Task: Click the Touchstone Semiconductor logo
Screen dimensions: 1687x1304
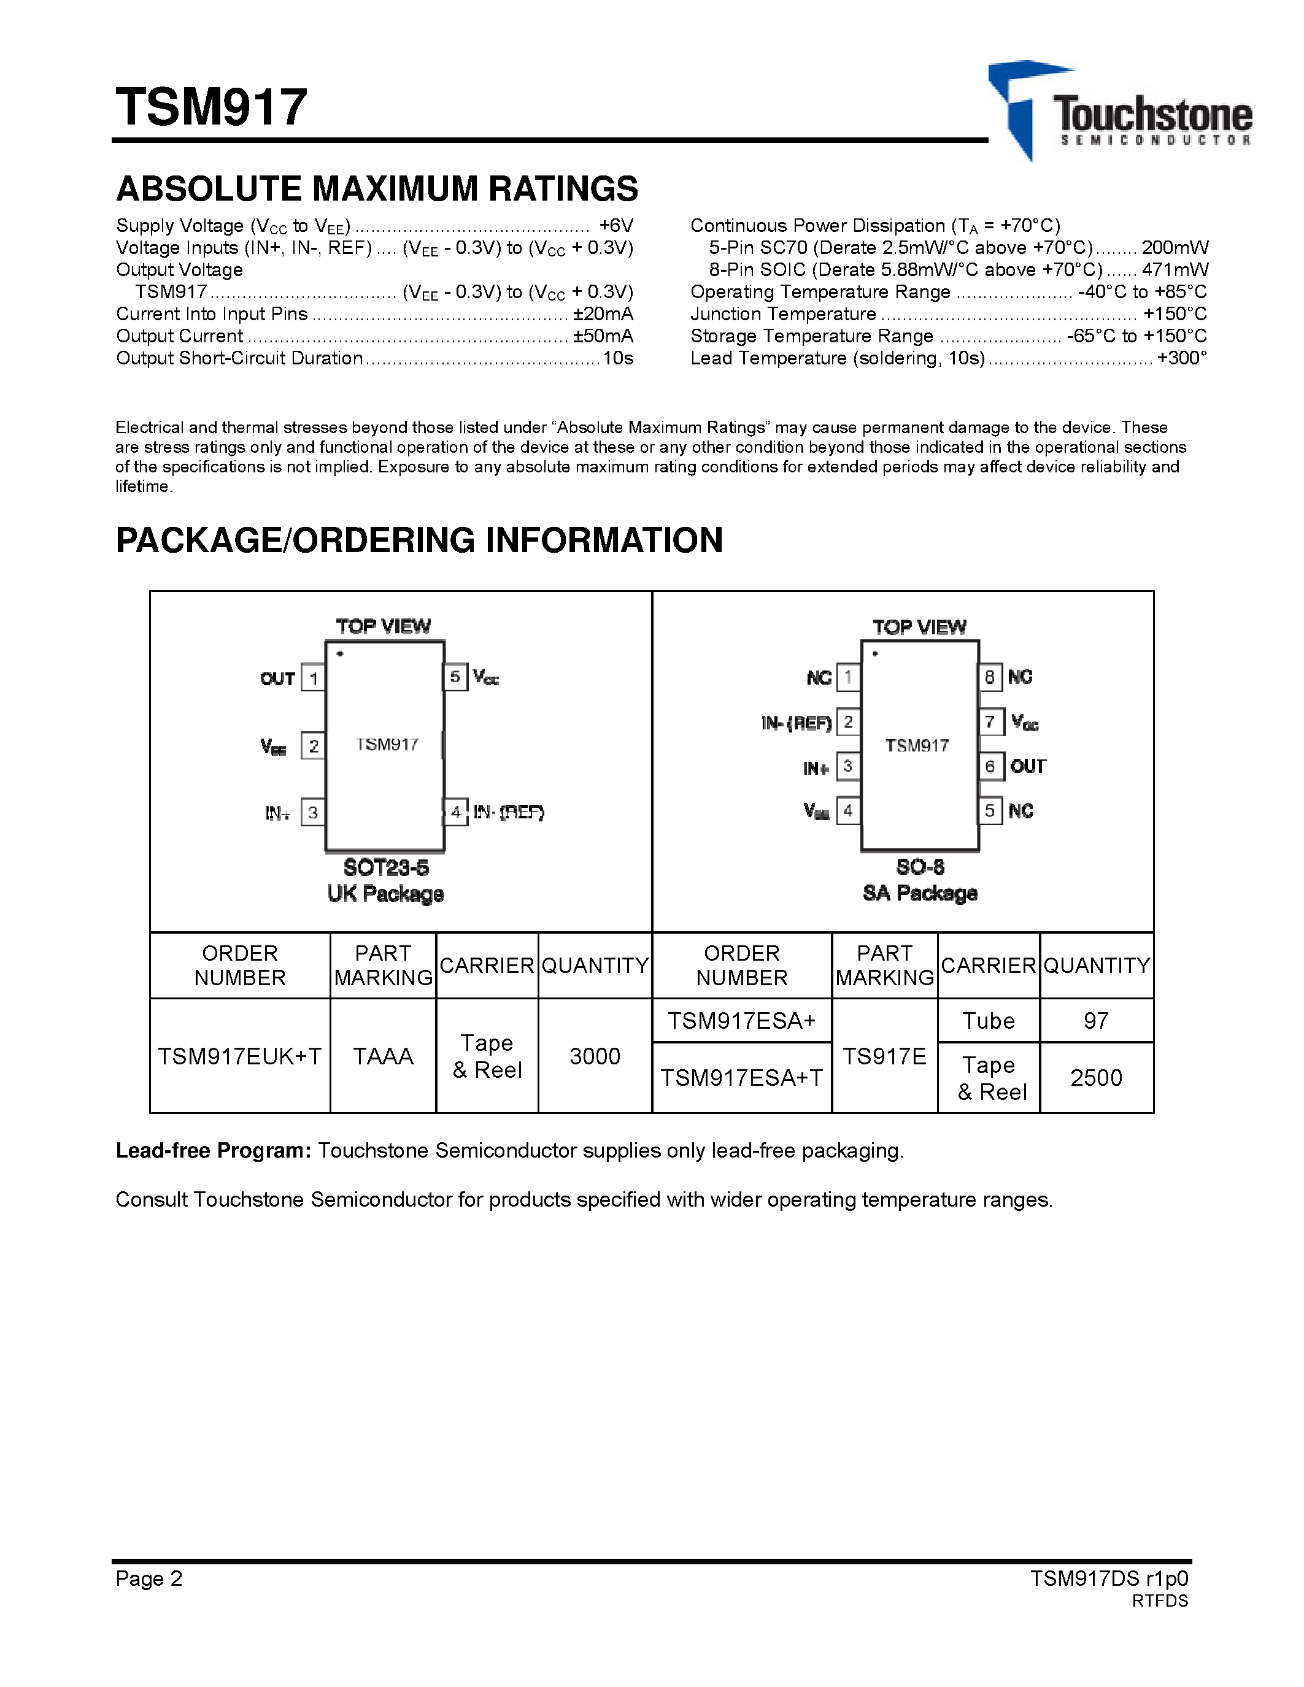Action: pos(1120,112)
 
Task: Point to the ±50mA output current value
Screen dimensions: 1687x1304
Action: pos(603,336)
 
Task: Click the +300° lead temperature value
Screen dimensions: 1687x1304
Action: pos(1181,358)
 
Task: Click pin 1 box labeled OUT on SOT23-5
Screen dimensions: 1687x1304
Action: pos(313,678)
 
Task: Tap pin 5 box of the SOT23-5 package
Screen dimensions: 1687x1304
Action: pos(455,677)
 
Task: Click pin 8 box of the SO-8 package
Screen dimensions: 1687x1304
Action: pos(990,677)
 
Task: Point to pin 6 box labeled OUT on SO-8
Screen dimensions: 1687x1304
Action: pos(990,766)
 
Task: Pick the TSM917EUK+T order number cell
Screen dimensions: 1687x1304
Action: pos(239,1056)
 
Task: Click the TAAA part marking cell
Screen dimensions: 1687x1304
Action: pos(383,1056)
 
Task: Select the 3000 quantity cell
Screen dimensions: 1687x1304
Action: pos(595,1056)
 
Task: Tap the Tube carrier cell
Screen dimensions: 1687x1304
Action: pos(988,1020)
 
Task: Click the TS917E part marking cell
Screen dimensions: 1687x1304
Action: pos(884,1056)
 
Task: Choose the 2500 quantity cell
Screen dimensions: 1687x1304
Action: pos(1096,1078)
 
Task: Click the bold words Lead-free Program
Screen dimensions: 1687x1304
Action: pos(213,1151)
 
